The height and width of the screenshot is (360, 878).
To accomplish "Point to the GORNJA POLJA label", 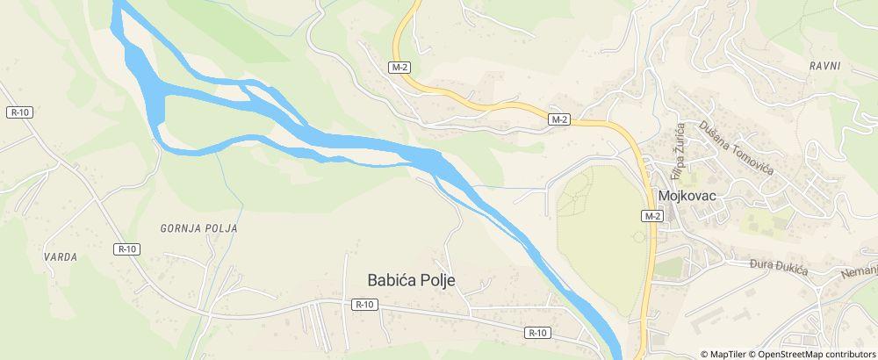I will click(x=199, y=228).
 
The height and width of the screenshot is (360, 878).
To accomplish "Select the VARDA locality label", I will click(x=61, y=257).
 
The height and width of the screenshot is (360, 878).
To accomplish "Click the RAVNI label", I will click(x=825, y=66).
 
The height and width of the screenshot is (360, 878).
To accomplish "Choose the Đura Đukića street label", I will click(x=778, y=266).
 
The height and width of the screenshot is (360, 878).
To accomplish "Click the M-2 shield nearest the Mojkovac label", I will click(x=651, y=216).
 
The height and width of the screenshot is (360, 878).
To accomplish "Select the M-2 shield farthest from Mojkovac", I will click(x=400, y=67).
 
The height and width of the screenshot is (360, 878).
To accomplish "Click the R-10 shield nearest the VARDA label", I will click(x=127, y=249).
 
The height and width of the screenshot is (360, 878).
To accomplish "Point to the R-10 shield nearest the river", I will click(x=538, y=333).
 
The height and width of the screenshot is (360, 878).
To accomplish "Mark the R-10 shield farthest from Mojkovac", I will click(x=20, y=112).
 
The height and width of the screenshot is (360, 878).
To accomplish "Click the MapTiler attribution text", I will click(x=726, y=354).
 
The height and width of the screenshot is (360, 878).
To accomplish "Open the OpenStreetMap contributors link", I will click(x=816, y=354).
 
